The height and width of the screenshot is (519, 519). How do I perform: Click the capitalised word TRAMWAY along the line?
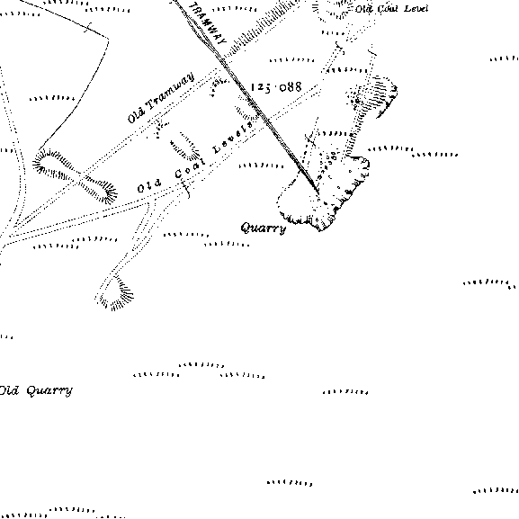(x=208, y=23)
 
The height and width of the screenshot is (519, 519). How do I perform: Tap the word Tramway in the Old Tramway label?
(x=170, y=92)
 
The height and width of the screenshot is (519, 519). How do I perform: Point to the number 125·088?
(x=276, y=87)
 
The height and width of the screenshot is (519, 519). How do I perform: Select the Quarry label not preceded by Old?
(x=264, y=228)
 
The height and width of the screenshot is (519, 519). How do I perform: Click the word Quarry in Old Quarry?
(x=49, y=390)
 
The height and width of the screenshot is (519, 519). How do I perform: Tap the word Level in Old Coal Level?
(x=416, y=9)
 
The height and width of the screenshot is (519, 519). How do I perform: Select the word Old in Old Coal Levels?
(x=149, y=186)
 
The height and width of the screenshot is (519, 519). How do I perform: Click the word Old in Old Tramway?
(x=136, y=114)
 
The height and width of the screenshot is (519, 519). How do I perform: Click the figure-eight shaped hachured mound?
(x=75, y=175)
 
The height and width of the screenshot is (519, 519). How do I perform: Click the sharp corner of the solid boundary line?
(x=108, y=39)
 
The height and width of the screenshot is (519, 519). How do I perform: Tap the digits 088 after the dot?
(x=291, y=87)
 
